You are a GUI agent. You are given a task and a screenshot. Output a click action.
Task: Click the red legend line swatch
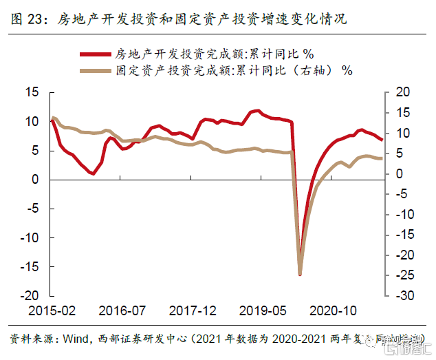(96, 53)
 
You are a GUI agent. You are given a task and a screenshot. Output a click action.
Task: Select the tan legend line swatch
(96, 70)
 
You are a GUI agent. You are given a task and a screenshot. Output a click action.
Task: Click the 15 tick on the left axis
(33, 92)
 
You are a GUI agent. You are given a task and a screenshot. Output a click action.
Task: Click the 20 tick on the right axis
(402, 92)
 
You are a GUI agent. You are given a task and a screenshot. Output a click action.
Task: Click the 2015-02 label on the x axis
(52, 310)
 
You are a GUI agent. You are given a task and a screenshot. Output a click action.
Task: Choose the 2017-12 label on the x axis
(193, 310)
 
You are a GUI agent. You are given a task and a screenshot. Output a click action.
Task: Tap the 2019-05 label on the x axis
(263, 310)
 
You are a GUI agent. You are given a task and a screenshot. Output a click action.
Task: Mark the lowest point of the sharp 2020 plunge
(300, 274)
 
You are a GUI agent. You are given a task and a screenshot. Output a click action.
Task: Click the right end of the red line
(382, 139)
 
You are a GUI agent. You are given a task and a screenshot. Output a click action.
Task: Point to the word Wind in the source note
(76, 339)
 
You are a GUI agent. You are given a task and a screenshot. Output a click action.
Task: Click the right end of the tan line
(382, 158)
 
